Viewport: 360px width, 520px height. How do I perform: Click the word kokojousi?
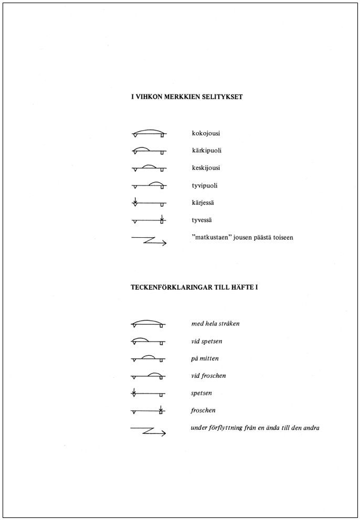coord(206,134)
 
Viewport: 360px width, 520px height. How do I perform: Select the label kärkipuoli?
coord(207,151)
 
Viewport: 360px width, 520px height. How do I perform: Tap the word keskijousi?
coord(206,168)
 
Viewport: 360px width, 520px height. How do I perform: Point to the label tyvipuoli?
coord(206,186)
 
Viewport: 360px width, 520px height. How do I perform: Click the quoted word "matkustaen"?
coord(210,237)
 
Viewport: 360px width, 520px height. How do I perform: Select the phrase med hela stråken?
coord(215,324)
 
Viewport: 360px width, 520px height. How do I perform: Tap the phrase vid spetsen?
coord(207,341)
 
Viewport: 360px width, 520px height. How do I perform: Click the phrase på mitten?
coord(205,358)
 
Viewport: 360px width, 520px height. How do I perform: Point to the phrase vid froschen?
coord(208,376)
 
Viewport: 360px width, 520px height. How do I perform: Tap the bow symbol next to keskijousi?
coord(149,168)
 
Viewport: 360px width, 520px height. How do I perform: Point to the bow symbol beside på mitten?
coord(149,359)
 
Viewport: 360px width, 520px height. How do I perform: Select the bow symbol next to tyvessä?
coord(149,220)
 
